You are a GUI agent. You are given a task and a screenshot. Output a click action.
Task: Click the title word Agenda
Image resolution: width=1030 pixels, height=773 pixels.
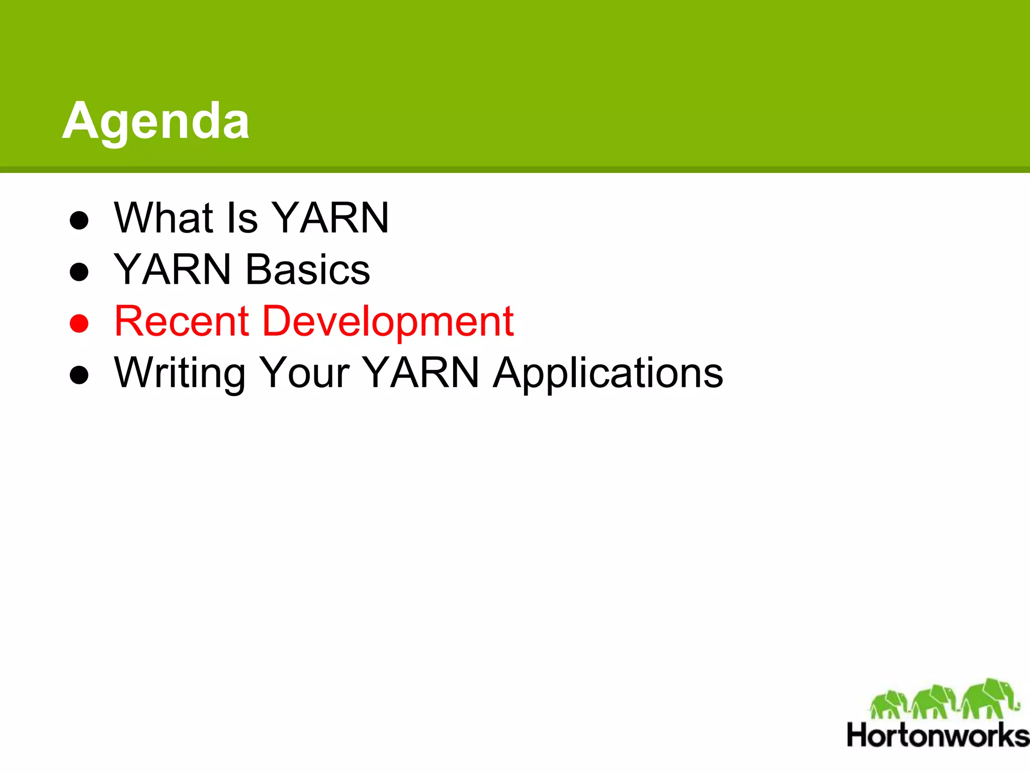tap(156, 121)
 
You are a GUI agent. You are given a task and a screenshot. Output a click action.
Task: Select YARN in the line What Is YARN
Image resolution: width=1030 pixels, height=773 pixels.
tap(331, 218)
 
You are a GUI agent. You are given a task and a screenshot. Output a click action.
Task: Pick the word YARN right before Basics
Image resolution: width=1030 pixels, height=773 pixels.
tap(173, 270)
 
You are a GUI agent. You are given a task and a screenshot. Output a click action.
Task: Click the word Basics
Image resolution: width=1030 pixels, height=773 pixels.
tap(308, 270)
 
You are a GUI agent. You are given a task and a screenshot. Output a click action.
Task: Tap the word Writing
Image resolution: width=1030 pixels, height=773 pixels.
tap(180, 373)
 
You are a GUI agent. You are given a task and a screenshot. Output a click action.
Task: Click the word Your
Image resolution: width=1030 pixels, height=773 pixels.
tap(305, 373)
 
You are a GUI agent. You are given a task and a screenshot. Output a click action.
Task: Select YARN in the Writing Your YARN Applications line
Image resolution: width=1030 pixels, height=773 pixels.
tap(421, 373)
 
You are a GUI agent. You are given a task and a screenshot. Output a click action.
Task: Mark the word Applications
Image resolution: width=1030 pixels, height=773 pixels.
tap(608, 373)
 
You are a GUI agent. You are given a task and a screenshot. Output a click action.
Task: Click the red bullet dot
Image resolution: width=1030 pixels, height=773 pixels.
tap(79, 324)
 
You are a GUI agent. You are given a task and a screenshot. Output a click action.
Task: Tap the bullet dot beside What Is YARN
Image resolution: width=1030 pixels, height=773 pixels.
tap(79, 220)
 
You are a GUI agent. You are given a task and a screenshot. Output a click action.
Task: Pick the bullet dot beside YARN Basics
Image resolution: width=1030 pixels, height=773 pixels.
tap(79, 272)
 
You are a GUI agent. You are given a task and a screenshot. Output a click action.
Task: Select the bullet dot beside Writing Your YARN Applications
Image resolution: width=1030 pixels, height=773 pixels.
tap(79, 375)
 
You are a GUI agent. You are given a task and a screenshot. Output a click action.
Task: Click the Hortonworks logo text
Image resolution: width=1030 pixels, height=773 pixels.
tap(938, 736)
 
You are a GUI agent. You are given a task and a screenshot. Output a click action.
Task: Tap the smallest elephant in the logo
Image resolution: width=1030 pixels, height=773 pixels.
tap(889, 704)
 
